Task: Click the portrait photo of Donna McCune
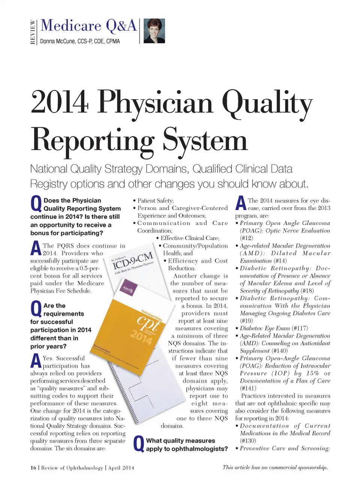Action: [154, 31]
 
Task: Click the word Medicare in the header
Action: [71, 26]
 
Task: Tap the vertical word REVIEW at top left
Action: [33, 32]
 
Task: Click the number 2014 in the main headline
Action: [60, 102]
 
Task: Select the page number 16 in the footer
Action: [33, 467]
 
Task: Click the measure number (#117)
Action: [300, 328]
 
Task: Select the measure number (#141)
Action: [248, 388]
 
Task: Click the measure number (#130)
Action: [248, 441]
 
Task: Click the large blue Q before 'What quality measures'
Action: [139, 444]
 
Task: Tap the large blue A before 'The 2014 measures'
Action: [241, 204]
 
